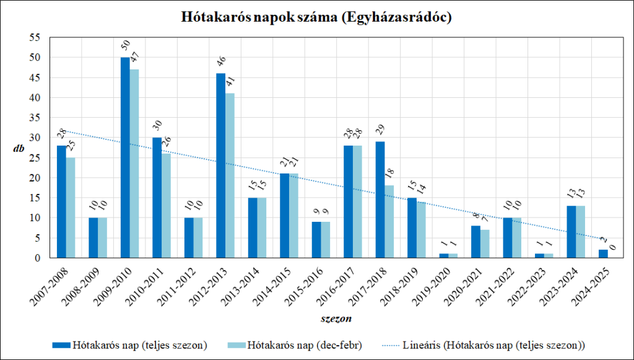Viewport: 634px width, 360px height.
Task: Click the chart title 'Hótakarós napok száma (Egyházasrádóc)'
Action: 316,17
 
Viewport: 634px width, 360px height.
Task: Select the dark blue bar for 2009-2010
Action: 125,157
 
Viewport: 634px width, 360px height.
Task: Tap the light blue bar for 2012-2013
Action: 230,175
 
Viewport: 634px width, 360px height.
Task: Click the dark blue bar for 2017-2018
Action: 380,200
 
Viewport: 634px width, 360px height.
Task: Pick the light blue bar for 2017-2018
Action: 389,221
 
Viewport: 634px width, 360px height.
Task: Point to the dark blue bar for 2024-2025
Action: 603,253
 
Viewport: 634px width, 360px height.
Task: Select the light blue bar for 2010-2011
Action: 167,206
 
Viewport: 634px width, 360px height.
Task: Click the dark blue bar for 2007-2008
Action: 61,201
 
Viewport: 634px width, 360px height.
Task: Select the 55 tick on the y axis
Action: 35,38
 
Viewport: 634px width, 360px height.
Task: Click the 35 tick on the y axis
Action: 35,118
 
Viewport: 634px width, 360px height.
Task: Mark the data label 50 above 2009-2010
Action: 125,47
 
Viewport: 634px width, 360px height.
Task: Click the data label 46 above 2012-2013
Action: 220,63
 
